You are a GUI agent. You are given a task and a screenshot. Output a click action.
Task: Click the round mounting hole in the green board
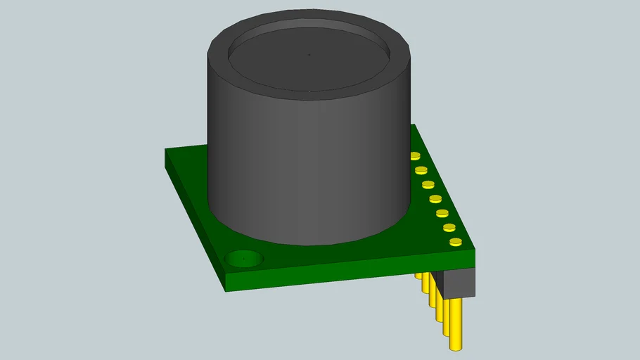tap(244, 259)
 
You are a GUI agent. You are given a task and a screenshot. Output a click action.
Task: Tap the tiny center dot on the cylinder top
tap(309, 53)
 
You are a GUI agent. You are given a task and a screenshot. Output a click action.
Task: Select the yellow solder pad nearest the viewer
tap(456, 243)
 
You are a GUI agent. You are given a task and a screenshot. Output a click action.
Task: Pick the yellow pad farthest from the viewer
tap(415, 156)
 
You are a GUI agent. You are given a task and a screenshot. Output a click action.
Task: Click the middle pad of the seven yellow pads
tap(435, 199)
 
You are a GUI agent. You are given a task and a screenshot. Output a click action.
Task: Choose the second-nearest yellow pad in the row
tap(449, 227)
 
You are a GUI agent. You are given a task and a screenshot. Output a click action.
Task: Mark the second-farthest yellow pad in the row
tap(421, 170)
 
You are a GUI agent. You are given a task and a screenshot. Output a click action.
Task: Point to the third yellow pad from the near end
tap(442, 213)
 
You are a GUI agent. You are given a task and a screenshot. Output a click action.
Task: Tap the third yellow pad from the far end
tap(428, 185)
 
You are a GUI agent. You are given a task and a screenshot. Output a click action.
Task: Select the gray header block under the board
tap(459, 282)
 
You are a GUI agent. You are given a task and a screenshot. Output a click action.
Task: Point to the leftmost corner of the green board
tap(166, 150)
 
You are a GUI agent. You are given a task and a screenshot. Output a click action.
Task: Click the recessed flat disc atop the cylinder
tap(309, 60)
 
